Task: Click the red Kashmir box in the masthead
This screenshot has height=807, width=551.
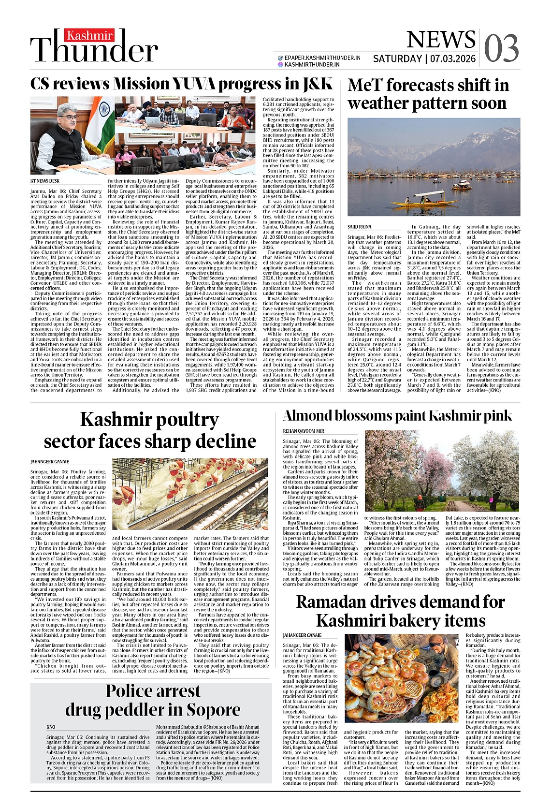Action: tap(90, 35)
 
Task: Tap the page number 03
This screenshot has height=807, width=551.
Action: tap(501, 48)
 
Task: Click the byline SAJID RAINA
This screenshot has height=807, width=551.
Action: tap(360, 227)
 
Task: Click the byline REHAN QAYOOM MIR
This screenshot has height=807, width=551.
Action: tap(304, 431)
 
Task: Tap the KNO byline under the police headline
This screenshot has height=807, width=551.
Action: tap(51, 727)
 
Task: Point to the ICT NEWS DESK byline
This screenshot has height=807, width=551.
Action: tap(45, 181)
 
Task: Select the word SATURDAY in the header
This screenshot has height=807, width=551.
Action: tap(397, 59)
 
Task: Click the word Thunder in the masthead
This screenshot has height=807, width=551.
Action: tap(94, 50)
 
